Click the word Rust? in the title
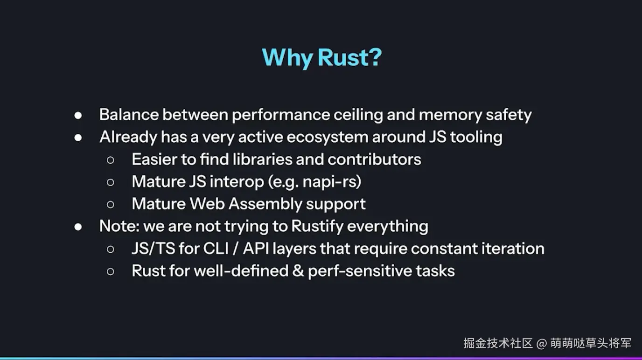pos(350,58)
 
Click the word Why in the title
pos(287,58)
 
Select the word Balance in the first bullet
pos(129,115)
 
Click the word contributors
pos(374,159)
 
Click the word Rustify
pos(318,226)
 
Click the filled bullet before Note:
pos(78,227)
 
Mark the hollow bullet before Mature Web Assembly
pos(111,204)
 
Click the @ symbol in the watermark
pos(541,344)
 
